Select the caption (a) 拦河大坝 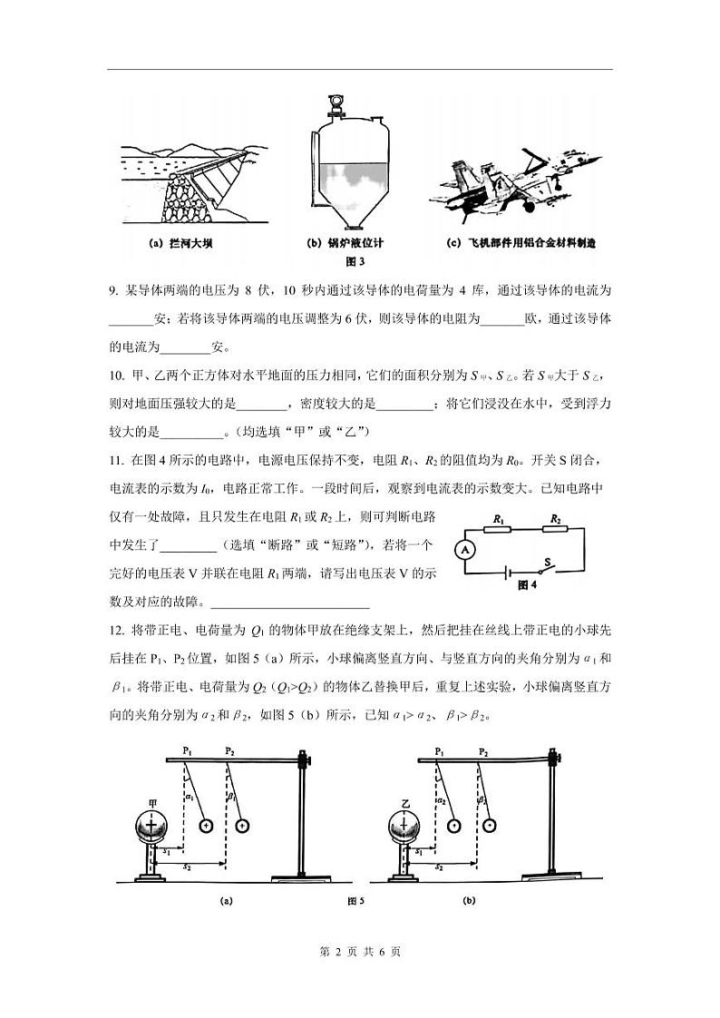[180, 243]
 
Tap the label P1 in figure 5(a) [187, 751]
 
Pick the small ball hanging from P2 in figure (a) [241, 827]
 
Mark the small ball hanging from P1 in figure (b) [453, 827]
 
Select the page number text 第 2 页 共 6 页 [361, 952]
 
